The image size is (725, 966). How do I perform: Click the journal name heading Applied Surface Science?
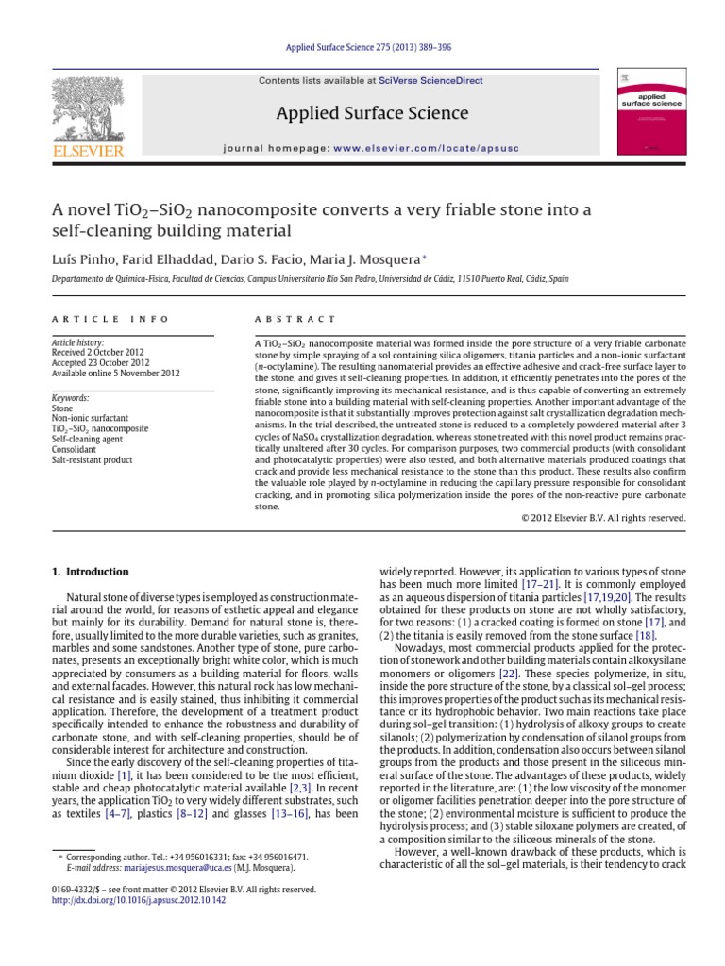(371, 114)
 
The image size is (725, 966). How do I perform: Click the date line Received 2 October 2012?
(101, 352)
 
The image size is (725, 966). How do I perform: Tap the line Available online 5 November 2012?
(114, 372)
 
